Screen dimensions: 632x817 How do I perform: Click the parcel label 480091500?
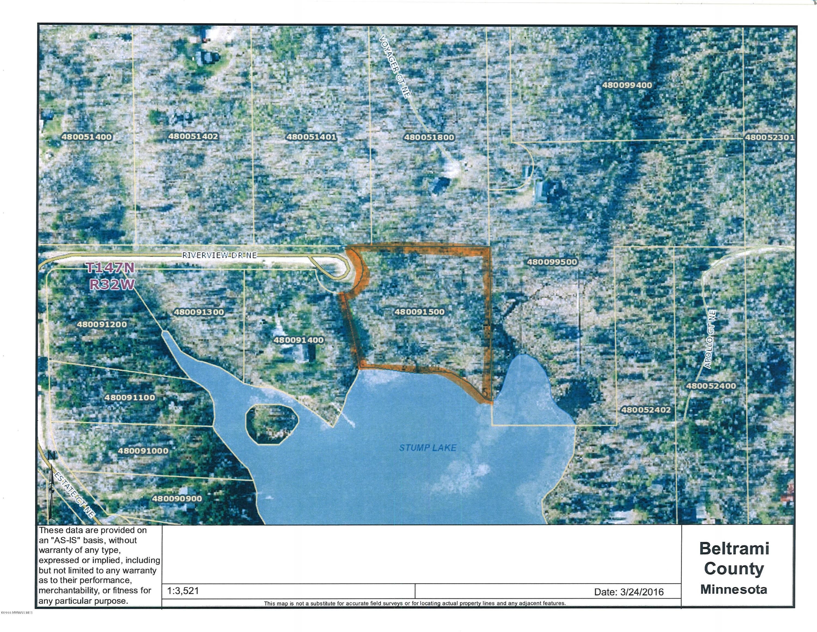[419, 312]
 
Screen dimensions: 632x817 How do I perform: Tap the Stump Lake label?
[427, 448]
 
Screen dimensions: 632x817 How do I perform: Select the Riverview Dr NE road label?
[219, 255]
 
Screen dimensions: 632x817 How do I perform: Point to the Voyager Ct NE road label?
[395, 66]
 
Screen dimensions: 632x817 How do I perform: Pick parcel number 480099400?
[627, 85]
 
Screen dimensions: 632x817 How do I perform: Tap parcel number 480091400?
[298, 340]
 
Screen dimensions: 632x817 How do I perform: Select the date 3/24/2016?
[642, 592]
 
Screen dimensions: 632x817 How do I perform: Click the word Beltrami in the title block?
[734, 549]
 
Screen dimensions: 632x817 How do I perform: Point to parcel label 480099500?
[552, 262]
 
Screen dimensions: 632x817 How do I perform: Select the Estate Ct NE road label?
[74, 495]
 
